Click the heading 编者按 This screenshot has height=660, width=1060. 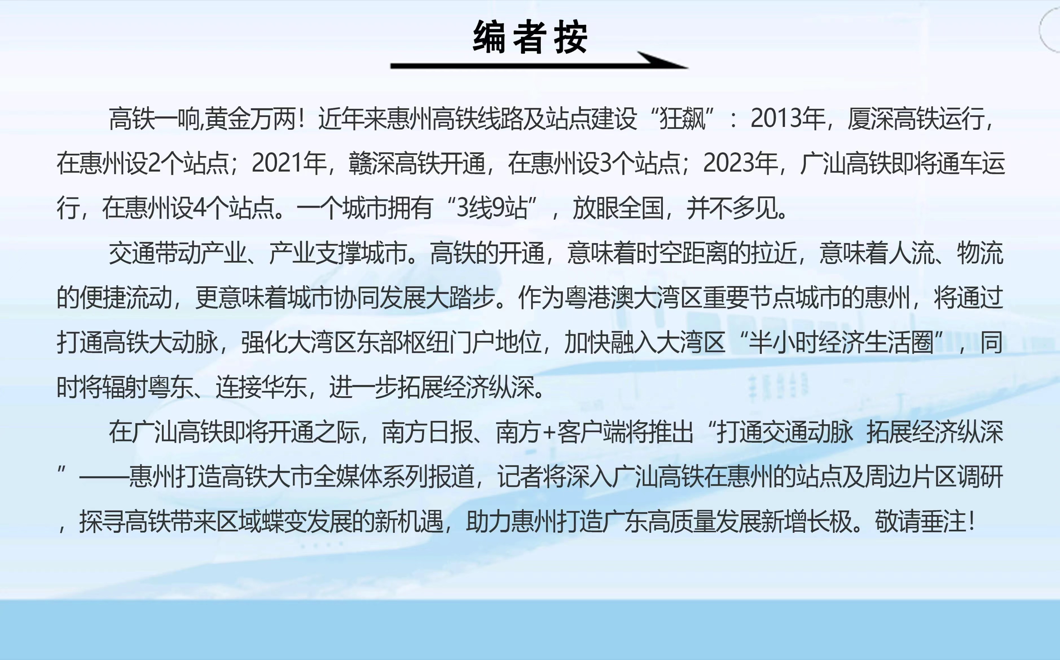click(x=530, y=38)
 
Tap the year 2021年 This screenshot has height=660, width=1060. click(x=289, y=163)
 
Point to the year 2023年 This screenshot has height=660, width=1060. click(x=740, y=163)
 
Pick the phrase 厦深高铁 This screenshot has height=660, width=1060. click(x=893, y=119)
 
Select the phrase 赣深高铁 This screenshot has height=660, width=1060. click(x=394, y=163)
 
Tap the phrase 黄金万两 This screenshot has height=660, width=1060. click(x=250, y=119)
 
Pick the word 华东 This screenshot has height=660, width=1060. click(x=284, y=387)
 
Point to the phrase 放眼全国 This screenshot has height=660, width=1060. click(x=618, y=208)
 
